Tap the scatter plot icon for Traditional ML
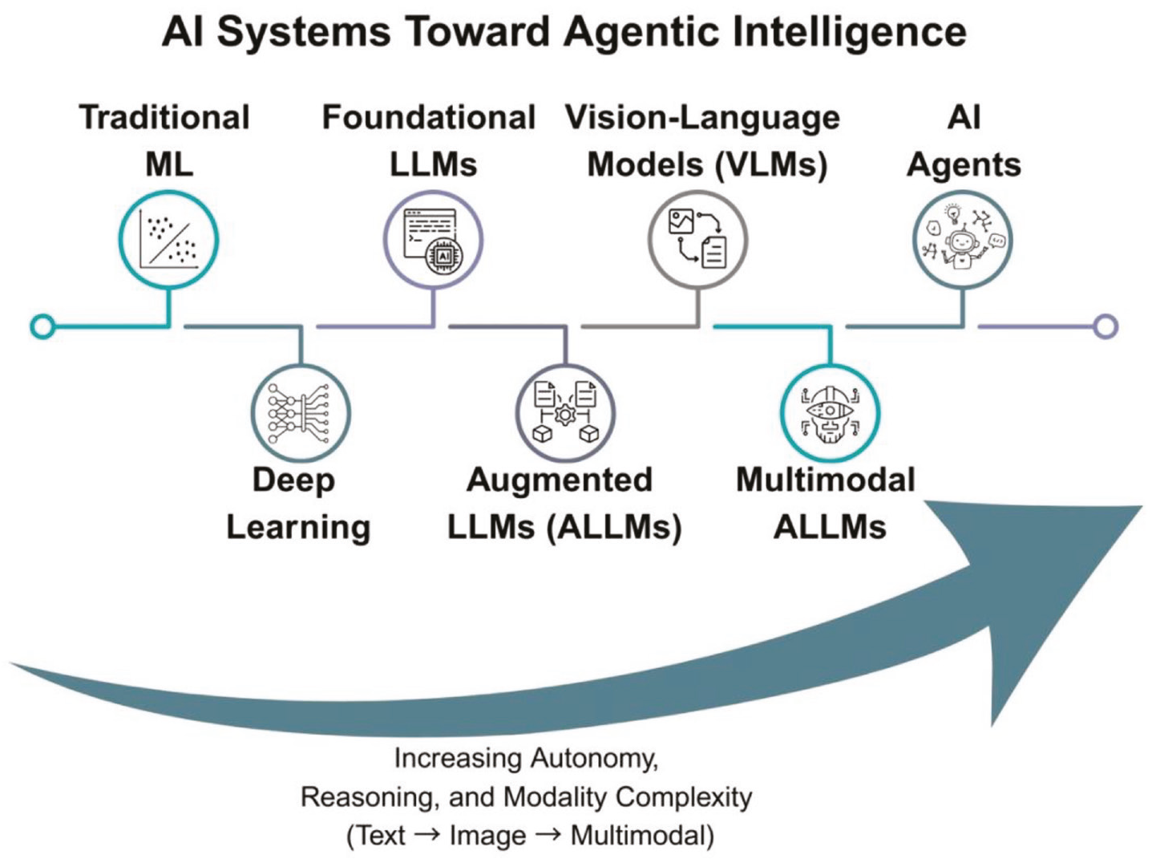coord(168,240)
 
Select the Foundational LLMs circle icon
coord(433,240)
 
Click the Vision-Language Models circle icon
coord(697,240)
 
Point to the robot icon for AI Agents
coord(963,240)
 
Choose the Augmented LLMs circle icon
coord(565,414)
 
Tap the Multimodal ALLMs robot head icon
coord(830,414)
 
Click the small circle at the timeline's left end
coord(42,326)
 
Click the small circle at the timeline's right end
coord(1106,326)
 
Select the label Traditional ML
coord(165,140)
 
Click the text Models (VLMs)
coord(707,165)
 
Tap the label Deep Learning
coord(298,504)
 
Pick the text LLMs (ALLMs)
coord(564,527)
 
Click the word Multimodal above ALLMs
coord(825,480)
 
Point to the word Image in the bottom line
coord(487,836)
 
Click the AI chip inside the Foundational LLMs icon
coord(444,256)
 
